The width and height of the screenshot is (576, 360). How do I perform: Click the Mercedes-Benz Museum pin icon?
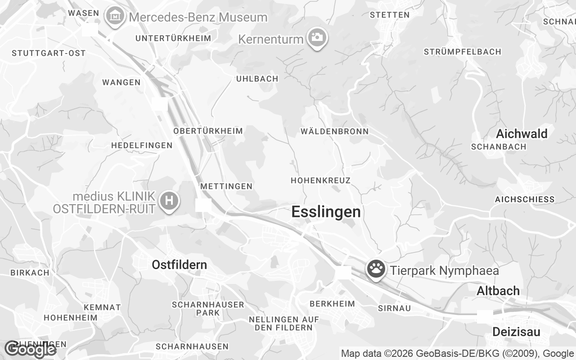click(x=116, y=17)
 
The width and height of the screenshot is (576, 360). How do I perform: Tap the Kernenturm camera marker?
click(x=317, y=37)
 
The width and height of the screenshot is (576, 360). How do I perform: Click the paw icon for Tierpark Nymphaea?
click(x=376, y=269)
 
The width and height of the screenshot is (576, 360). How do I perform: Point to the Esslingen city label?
click(x=326, y=211)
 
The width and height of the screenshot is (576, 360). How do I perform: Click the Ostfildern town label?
click(x=179, y=265)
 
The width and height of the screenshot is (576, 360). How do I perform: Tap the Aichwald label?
click(x=522, y=134)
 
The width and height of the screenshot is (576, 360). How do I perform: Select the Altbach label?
click(x=498, y=291)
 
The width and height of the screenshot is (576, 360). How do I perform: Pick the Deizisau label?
click(x=516, y=332)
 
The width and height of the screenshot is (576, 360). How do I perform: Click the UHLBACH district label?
click(x=257, y=79)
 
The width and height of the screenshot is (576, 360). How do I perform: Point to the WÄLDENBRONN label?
click(x=334, y=131)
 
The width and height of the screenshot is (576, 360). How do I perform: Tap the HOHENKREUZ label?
click(x=320, y=180)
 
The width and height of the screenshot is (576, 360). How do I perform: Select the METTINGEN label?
click(x=226, y=186)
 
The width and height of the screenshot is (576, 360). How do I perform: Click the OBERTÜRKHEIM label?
click(x=208, y=131)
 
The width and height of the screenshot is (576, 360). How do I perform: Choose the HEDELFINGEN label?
click(x=142, y=145)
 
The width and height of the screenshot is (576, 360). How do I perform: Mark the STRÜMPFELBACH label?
click(x=462, y=52)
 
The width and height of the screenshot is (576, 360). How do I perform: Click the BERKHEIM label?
click(x=332, y=304)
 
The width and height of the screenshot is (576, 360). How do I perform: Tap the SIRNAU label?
click(x=394, y=308)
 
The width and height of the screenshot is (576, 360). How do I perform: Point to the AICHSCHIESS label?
click(x=525, y=199)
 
